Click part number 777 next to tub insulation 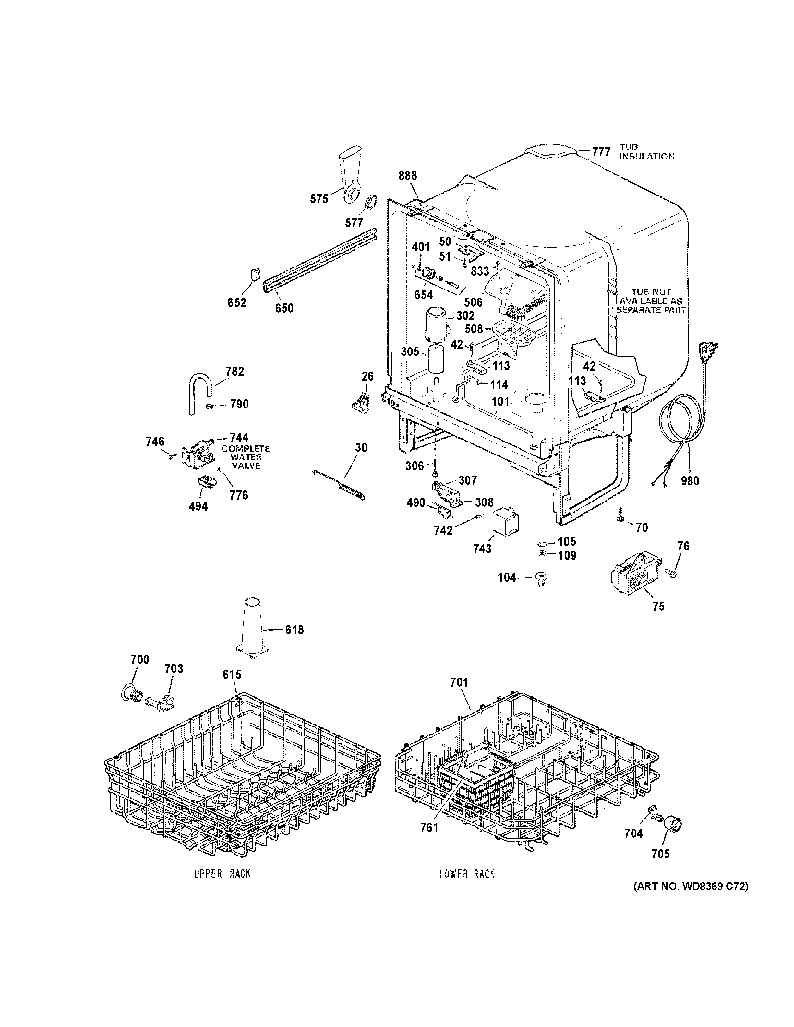pos(601,152)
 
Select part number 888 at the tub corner pos(407,176)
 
